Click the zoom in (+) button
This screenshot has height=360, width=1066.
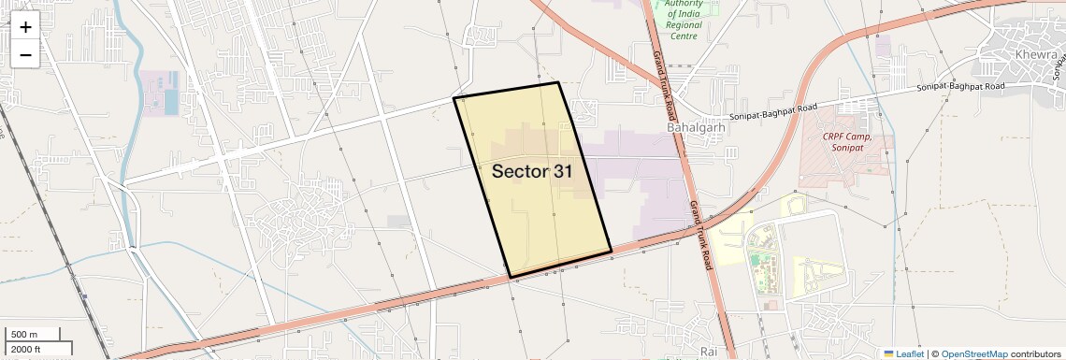pyautogui.click(x=25, y=26)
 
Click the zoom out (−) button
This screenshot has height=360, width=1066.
pyautogui.click(x=25, y=54)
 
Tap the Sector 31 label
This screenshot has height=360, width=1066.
pyautogui.click(x=532, y=171)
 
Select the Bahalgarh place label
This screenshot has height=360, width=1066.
pyautogui.click(x=696, y=127)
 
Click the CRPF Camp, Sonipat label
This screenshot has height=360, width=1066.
pyautogui.click(x=847, y=142)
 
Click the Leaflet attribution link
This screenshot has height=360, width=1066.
pyautogui.click(x=903, y=353)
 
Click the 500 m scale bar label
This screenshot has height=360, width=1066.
pyautogui.click(x=24, y=335)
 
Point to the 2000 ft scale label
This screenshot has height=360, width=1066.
pyautogui.click(x=27, y=349)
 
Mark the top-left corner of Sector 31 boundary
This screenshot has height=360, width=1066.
pyautogui.click(x=454, y=98)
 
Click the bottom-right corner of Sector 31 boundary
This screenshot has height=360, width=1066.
pyautogui.click(x=611, y=251)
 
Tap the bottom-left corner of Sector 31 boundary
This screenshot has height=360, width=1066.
pyautogui.click(x=510, y=276)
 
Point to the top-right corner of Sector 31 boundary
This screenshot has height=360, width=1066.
pyautogui.click(x=558, y=83)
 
